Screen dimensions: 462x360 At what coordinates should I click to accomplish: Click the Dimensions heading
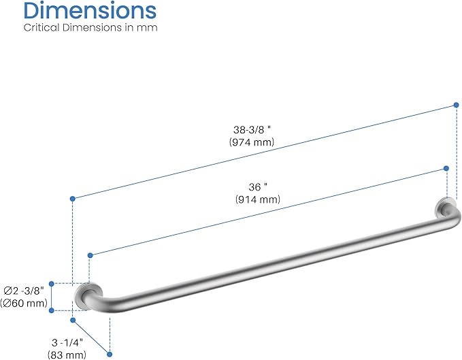tap(90, 11)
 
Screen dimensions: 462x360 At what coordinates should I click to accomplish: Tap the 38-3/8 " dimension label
tap(252, 129)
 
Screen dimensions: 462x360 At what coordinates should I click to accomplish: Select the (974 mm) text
tap(252, 142)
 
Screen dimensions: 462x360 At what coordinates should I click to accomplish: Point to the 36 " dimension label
tap(258, 186)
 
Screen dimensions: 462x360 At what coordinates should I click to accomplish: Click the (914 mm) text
tap(258, 199)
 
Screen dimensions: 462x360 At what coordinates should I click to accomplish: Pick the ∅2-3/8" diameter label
tap(24, 291)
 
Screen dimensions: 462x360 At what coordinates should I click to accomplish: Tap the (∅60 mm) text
tap(24, 303)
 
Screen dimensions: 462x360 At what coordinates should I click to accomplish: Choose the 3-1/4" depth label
tap(67, 342)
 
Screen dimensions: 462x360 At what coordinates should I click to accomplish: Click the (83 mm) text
tap(67, 355)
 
